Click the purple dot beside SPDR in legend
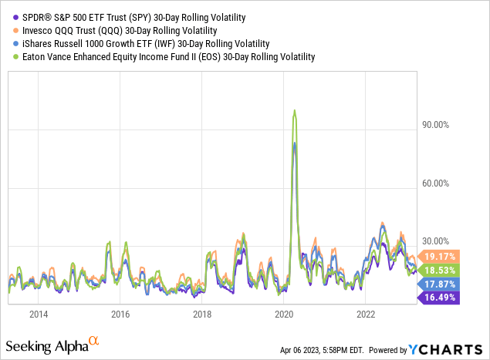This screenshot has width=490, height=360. pos(7,16)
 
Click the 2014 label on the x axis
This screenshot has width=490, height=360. pos(38,314)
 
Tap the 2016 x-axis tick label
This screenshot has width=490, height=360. pos(120,314)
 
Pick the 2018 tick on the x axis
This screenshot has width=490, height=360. pos(202,314)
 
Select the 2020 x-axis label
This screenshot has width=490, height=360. pos(284,314)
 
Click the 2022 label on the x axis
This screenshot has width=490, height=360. pos(366,314)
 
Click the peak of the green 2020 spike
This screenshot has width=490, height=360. pos(294,110)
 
